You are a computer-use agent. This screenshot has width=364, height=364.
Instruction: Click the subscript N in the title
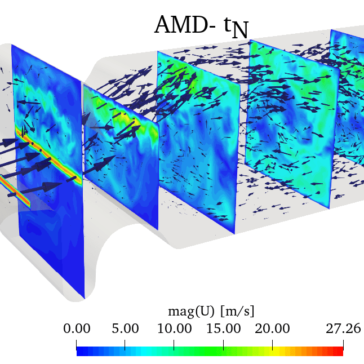click(x=241, y=30)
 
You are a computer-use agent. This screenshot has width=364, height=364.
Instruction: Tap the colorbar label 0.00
click(x=76, y=329)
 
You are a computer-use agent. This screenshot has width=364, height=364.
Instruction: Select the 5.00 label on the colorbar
click(x=125, y=329)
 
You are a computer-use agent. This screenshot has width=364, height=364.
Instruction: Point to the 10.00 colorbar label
click(x=174, y=329)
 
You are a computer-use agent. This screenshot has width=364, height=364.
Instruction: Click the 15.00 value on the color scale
click(x=223, y=329)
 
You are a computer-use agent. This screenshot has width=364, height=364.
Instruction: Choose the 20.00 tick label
click(x=272, y=329)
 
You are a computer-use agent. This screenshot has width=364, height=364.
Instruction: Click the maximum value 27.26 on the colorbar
click(x=343, y=329)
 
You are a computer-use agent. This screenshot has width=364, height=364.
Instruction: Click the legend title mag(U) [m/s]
click(x=211, y=311)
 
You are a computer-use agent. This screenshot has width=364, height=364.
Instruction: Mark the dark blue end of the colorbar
click(x=80, y=351)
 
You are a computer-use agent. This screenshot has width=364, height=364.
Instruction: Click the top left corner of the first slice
click(x=12, y=45)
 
